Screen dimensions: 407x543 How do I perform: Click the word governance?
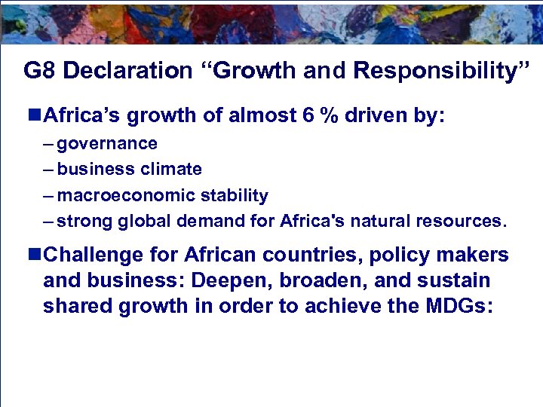point(107,144)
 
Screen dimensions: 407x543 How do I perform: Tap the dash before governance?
point(49,144)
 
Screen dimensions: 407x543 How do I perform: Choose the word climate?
point(175,170)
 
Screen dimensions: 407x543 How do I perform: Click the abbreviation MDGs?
point(455,307)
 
